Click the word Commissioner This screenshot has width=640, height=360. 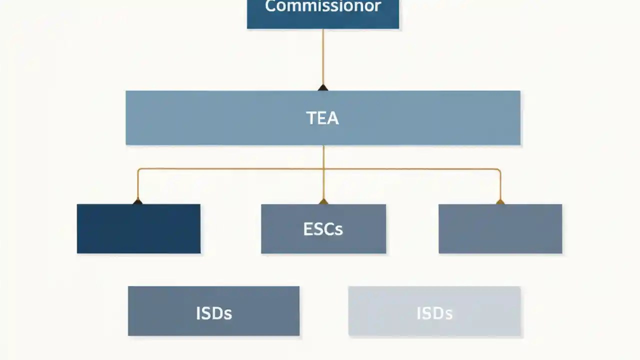point(323,7)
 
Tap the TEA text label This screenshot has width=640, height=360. point(322,118)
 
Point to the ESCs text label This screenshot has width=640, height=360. point(323,229)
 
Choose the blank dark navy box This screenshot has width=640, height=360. point(138,229)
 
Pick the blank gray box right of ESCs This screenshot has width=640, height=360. point(500,229)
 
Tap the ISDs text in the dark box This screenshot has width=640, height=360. point(213,313)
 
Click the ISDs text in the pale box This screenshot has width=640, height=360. point(434,313)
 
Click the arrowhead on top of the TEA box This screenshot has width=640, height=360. point(323,88)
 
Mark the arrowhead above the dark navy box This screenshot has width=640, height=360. point(137,201)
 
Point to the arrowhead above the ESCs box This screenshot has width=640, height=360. point(323,201)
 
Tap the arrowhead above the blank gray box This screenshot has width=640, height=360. point(500,201)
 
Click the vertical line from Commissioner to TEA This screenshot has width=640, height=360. point(323,55)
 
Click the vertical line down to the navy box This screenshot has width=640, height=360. point(137,185)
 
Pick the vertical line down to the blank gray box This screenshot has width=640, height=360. point(500,185)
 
